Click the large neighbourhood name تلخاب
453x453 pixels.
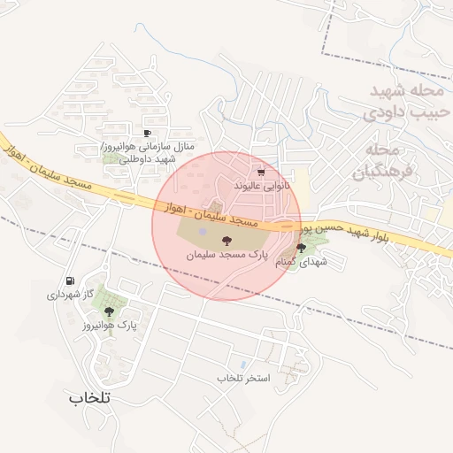coord(88,397)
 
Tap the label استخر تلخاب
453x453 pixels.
coord(242,378)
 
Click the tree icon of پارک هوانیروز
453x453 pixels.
coord(110,311)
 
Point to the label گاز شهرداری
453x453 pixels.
coord(64,294)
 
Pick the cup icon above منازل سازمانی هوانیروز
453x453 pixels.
coord(146,132)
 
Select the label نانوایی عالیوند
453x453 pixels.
coord(261,187)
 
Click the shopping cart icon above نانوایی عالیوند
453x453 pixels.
coord(260,173)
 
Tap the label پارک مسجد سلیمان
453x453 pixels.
coord(226,254)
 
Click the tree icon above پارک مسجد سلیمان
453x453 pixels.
coord(226,240)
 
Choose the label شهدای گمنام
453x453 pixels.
coord(302,263)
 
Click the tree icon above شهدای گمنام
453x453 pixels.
coord(302,249)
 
